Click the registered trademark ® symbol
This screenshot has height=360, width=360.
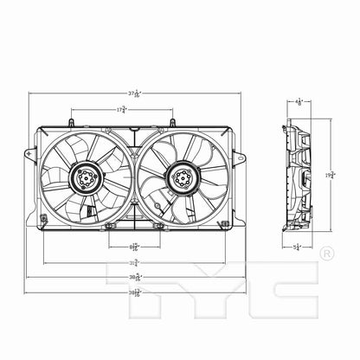point(326,254)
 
